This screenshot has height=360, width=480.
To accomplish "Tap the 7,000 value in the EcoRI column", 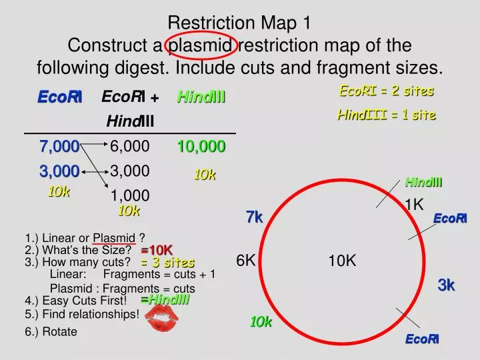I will point(59,147).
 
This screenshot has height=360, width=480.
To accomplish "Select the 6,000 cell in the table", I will point(129,147).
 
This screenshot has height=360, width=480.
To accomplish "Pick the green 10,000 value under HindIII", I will point(201,147).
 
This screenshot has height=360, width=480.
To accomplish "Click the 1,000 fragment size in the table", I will point(129,195).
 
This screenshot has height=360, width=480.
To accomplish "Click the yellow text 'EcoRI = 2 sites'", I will point(387,91).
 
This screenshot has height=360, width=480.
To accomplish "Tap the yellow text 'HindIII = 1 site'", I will point(387,115).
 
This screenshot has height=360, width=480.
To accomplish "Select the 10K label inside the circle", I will point(342,261).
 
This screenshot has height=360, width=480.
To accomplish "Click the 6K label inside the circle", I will point(246,261).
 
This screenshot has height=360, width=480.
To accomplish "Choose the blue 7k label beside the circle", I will point(255,217).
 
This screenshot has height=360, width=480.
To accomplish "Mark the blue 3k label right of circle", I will point(446,285).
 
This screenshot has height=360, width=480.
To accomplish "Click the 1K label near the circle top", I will point(414,205).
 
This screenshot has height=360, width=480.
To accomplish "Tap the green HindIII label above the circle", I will point(424,182).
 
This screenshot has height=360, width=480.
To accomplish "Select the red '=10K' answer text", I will point(157,250).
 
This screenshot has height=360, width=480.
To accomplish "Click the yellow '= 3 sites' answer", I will point(167,263).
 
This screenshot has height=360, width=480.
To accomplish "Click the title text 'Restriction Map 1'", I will point(239,23).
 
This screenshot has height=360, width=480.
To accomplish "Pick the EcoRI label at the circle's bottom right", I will point(422,340).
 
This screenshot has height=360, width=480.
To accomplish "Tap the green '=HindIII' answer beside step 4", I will point(165,299).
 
